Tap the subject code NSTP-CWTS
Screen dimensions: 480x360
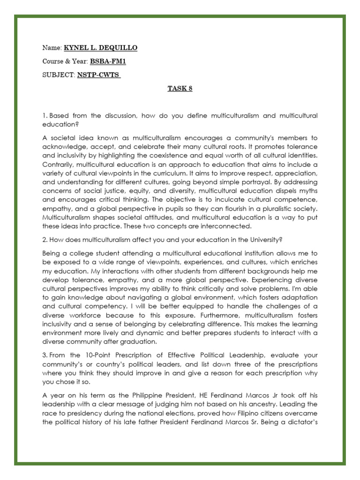(99, 75)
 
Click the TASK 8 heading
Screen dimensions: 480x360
(180, 89)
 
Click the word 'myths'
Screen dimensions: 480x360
(307, 191)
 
